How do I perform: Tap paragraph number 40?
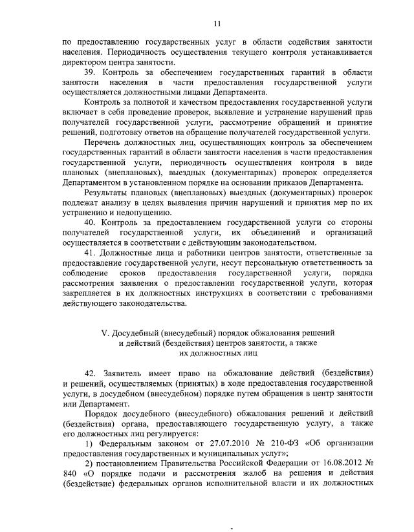coord(91,223)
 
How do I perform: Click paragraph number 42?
coord(91,374)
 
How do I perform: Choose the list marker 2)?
coord(91,463)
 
